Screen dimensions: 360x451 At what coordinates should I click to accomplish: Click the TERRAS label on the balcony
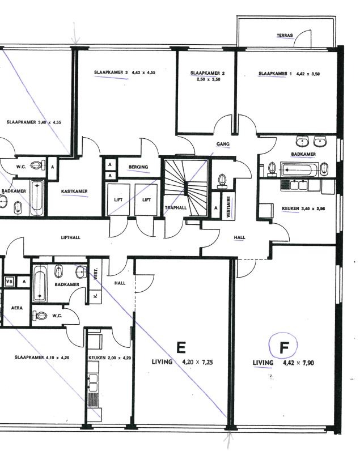tap(285, 36)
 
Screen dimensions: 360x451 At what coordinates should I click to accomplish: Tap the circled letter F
tap(283, 348)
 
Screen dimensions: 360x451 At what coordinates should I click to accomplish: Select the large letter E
tap(181, 347)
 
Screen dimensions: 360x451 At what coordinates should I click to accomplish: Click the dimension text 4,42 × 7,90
tap(298, 363)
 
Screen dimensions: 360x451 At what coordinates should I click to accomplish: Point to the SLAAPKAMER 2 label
tap(207, 73)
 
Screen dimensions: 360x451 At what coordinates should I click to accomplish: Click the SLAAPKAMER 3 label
tap(111, 73)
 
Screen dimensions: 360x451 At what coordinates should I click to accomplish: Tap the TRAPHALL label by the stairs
tap(176, 208)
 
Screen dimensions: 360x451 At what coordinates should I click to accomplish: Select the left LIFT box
tap(118, 199)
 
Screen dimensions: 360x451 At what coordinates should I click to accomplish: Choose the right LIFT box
tap(146, 199)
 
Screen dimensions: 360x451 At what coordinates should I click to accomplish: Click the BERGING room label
tap(138, 167)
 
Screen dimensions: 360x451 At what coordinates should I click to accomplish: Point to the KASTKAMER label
tap(74, 192)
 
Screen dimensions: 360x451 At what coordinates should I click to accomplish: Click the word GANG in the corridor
tap(223, 144)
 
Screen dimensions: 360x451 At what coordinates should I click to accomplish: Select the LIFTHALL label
tap(71, 237)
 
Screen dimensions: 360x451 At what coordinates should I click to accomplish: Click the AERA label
tap(16, 308)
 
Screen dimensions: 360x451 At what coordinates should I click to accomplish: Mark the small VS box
tap(9, 281)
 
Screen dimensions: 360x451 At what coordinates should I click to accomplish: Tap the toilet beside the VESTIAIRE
tap(222, 181)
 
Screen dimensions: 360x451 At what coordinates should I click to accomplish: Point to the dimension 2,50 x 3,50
tap(208, 79)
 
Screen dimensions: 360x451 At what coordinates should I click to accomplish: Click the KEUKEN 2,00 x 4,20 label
tap(109, 358)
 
